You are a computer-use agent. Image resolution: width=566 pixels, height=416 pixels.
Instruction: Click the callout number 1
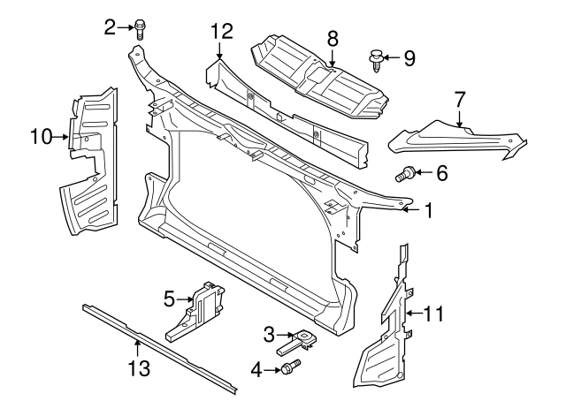pyautogui.click(x=428, y=211)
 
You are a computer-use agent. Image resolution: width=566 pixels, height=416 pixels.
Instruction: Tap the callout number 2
pyautogui.click(x=111, y=27)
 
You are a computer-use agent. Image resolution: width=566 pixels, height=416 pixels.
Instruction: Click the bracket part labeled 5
pyautogui.click(x=203, y=309)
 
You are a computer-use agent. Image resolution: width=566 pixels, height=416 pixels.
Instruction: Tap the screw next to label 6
pyautogui.click(x=409, y=174)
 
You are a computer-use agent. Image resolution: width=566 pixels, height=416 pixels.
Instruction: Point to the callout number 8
pyautogui.click(x=333, y=37)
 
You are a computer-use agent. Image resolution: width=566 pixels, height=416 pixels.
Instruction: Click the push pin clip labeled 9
pyautogui.click(x=376, y=61)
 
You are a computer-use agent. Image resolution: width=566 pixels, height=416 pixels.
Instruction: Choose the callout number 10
pyautogui.click(x=41, y=136)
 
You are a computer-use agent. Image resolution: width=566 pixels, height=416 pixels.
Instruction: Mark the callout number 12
pyautogui.click(x=221, y=32)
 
